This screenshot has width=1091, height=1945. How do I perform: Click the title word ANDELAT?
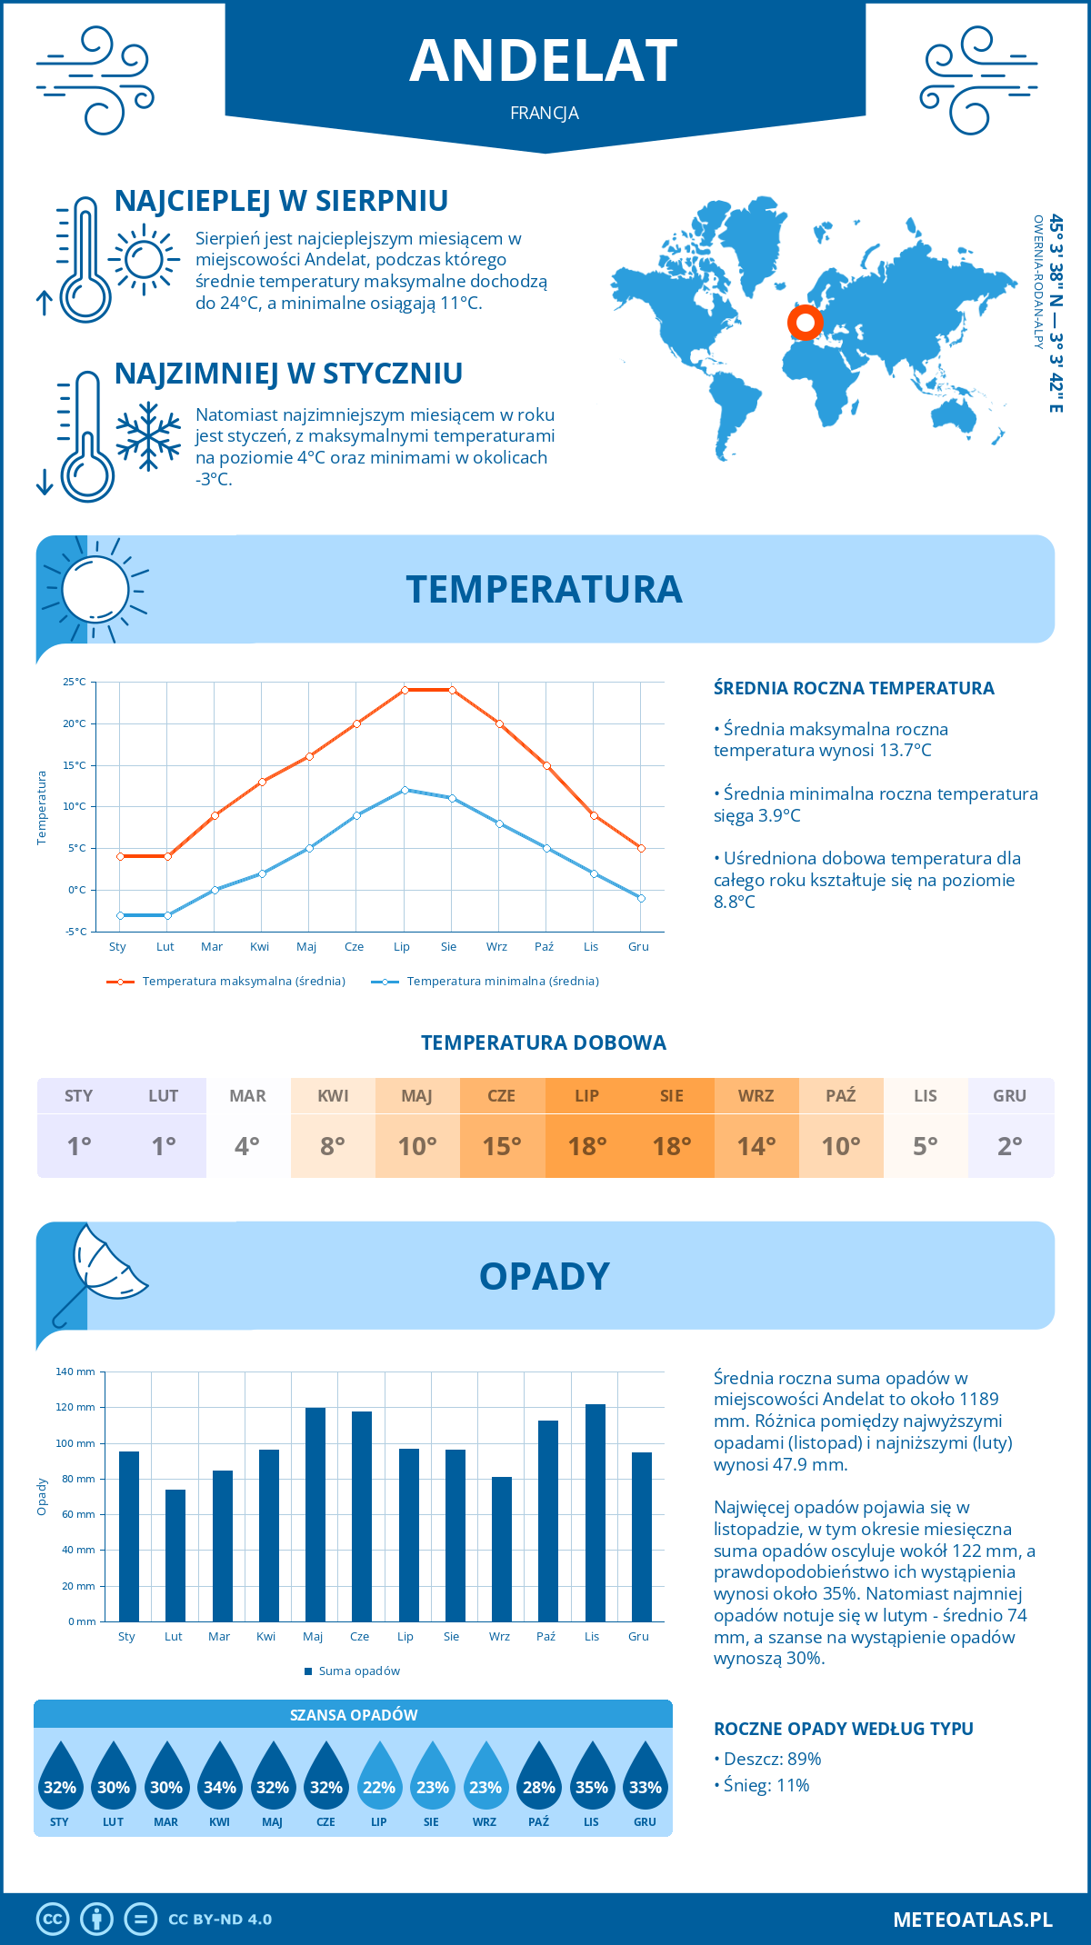click(544, 61)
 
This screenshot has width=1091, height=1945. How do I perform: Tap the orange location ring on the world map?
click(805, 322)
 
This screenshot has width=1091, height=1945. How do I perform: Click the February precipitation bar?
click(175, 1555)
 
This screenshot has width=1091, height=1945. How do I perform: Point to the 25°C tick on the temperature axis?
click(75, 682)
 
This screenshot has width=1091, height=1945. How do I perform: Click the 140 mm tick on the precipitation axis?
click(76, 1371)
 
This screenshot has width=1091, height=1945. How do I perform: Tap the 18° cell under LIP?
click(586, 1146)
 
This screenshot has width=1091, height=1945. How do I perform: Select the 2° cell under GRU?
click(1010, 1146)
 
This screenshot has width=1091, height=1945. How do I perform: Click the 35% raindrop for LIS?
click(592, 1776)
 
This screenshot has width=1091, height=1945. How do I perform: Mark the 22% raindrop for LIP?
click(379, 1776)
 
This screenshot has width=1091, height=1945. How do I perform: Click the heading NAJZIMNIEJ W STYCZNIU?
click(288, 374)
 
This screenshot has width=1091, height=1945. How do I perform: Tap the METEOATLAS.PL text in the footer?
click(972, 1920)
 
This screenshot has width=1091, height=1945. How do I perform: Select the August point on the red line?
click(452, 690)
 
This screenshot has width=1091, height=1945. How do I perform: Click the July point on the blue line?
click(405, 790)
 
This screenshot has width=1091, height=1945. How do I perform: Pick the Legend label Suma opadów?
click(359, 1671)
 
